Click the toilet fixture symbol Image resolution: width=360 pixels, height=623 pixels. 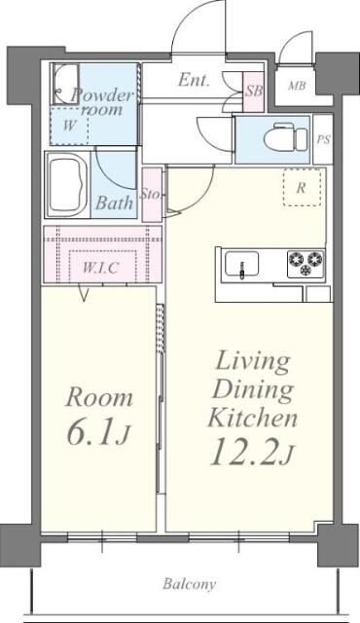coord(285,137)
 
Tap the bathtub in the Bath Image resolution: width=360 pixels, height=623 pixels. coord(67,185)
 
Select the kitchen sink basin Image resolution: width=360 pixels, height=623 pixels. coord(241,263)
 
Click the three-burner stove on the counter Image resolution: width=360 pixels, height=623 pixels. coord(306,263)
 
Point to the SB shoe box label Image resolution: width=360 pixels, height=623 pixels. coord(253,91)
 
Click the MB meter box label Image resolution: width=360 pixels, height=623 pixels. coord(297,85)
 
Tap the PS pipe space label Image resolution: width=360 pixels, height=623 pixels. coord(323,139)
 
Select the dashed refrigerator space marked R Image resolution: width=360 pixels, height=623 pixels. coord(302,187)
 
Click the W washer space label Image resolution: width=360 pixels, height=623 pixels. coord(69,126)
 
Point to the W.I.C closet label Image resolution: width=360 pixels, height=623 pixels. coord(100,268)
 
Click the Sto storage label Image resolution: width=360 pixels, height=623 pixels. coord(151,195)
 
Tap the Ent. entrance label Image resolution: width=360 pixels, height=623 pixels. coord(194,80)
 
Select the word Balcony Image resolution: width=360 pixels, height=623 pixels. coord(190,584)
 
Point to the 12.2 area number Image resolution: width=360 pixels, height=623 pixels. coord(243,452)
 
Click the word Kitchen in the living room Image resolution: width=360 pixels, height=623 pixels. coord(252,417)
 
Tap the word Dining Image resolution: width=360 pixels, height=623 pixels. coord(253,389)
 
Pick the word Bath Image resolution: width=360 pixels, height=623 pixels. coord(114,203)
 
